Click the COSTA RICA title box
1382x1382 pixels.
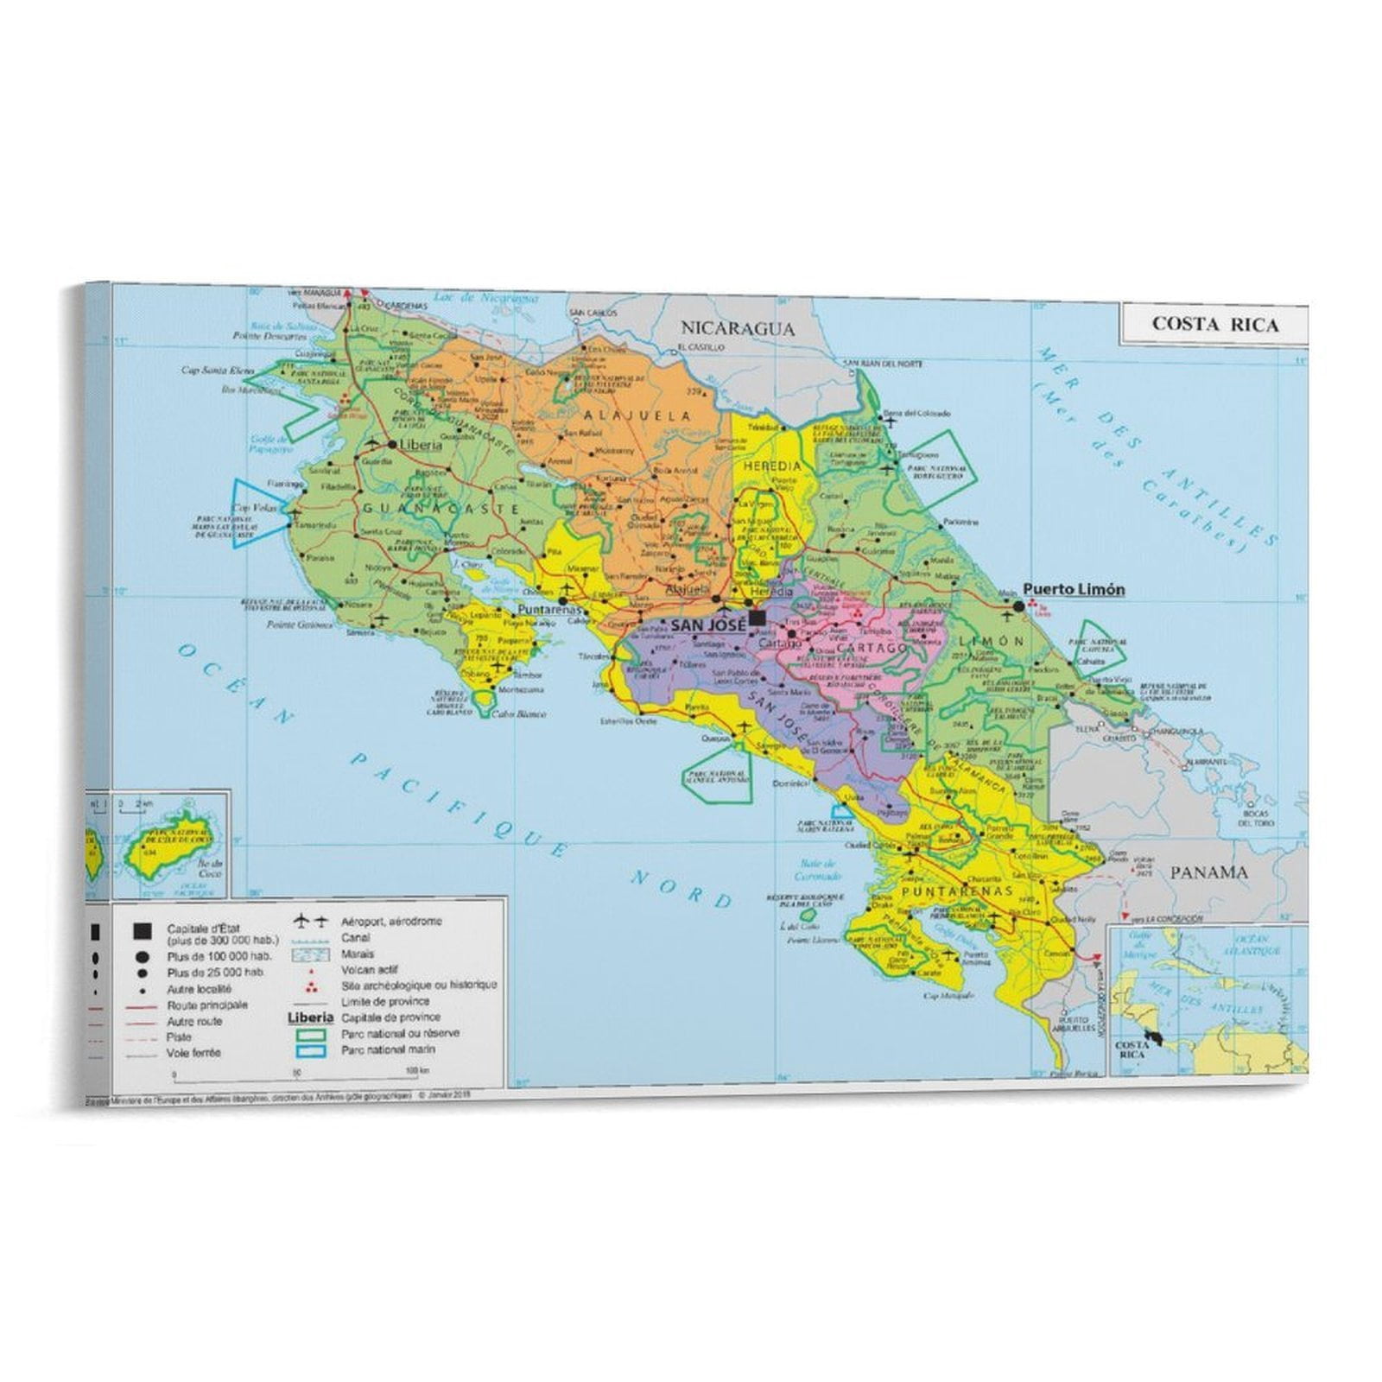(x=1214, y=324)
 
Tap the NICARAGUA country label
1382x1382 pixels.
(x=738, y=327)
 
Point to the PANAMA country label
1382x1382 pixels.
(x=1208, y=872)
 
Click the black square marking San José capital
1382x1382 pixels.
(x=758, y=618)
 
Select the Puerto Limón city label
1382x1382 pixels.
(x=1074, y=589)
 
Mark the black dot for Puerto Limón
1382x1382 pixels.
(x=1018, y=607)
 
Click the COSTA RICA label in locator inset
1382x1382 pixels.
(x=1131, y=1049)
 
